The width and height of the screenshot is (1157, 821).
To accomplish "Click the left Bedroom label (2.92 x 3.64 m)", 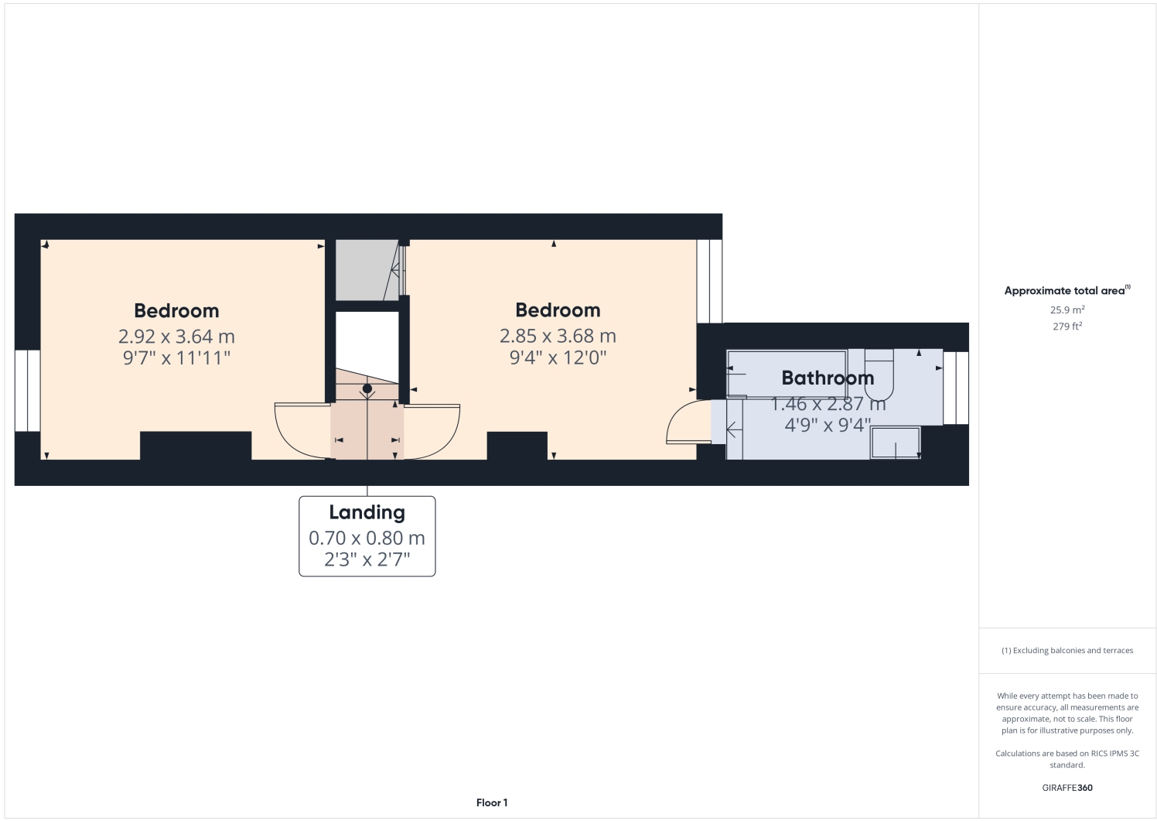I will click(176, 311).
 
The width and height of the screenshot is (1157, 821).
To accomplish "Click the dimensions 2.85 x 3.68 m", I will click(558, 336).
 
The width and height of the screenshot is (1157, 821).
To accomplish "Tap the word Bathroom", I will click(828, 378).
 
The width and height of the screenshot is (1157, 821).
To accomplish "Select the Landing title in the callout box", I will click(367, 512).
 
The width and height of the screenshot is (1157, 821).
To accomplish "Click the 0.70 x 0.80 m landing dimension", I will click(367, 538).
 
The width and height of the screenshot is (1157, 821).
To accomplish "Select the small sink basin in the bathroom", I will click(896, 443).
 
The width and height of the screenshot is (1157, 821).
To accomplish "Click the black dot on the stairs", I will click(367, 388).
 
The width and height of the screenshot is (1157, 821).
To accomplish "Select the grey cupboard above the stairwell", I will click(365, 269).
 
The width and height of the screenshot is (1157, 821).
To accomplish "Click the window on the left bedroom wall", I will click(28, 391).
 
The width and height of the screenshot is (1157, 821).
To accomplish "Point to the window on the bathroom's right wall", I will click(956, 388).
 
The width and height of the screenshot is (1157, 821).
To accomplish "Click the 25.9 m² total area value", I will click(1067, 310).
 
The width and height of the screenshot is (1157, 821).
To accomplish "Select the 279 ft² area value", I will click(1067, 327).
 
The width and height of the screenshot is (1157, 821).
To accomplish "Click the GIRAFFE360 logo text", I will click(1067, 788).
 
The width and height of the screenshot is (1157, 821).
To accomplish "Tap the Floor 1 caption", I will click(492, 802).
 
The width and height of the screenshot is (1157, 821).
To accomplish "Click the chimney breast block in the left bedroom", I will click(196, 446).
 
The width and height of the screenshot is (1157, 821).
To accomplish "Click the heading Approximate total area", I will click(1065, 291).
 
